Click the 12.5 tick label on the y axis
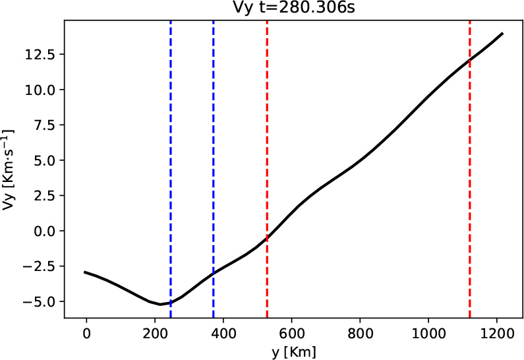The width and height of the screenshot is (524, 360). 44,54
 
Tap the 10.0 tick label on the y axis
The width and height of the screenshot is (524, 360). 44,90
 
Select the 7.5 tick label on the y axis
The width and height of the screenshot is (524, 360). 47,125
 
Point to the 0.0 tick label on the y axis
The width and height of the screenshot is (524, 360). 47,231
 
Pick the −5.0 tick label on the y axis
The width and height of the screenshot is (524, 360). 44,301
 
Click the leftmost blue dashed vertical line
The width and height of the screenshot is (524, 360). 171,165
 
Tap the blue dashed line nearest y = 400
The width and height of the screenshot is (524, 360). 214,165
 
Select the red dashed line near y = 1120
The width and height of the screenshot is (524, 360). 470,165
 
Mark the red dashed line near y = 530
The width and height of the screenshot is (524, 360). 267,165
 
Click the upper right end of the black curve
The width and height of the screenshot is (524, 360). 503,33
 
